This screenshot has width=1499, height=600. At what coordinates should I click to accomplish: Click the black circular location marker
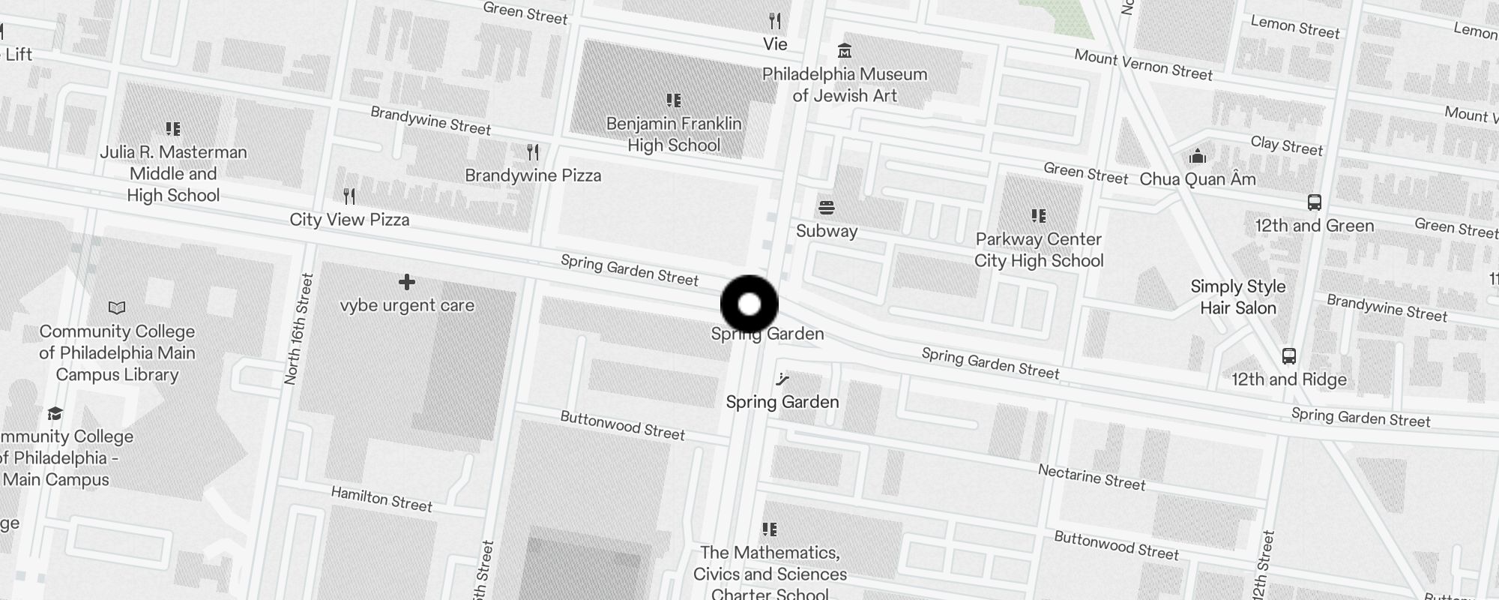click(x=749, y=304)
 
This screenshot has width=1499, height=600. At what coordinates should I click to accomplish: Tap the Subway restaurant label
click(x=827, y=231)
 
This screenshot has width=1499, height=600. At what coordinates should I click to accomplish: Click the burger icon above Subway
click(x=827, y=207)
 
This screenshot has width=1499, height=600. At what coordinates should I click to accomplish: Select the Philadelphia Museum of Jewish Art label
click(x=845, y=85)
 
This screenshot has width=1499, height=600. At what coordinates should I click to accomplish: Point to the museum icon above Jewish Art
click(x=845, y=51)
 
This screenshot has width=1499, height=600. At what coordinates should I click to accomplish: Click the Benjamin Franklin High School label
click(x=674, y=134)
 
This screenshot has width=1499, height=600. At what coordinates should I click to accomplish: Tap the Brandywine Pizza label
click(x=533, y=175)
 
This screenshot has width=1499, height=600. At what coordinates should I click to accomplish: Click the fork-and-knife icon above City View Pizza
click(x=349, y=196)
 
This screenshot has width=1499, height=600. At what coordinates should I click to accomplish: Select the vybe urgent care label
click(x=407, y=305)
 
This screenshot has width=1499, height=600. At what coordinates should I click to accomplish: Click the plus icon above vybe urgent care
click(x=407, y=282)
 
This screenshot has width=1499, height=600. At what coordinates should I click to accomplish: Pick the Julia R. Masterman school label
click(x=173, y=173)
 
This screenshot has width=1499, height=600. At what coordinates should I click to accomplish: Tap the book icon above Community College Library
click(x=117, y=307)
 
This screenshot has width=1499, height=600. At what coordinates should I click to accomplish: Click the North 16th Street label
click(x=298, y=330)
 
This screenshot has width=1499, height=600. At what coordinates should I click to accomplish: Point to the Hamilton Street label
click(x=381, y=499)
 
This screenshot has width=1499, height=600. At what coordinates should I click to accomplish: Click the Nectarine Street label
click(x=1091, y=477)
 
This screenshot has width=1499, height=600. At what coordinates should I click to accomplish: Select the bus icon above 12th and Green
click(x=1315, y=202)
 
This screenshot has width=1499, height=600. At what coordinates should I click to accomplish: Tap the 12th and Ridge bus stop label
click(x=1289, y=379)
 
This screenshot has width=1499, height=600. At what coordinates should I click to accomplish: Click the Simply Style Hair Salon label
click(x=1238, y=297)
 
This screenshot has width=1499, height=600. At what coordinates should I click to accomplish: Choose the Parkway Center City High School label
click(x=1039, y=250)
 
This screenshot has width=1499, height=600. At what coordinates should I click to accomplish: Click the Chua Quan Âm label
click(x=1198, y=179)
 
